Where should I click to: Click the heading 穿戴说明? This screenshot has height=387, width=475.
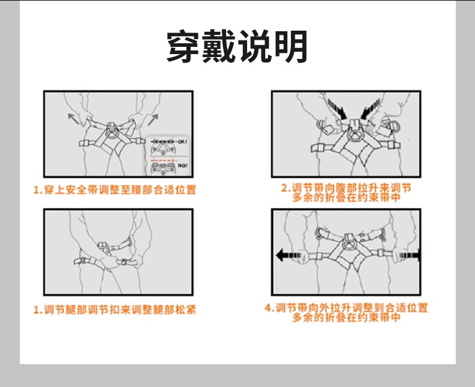tap(237, 46)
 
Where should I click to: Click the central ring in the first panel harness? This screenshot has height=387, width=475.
tap(112, 127)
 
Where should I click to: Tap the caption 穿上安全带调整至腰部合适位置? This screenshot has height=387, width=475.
tap(114, 190)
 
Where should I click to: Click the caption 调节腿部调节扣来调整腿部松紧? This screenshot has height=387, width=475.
tap(114, 310)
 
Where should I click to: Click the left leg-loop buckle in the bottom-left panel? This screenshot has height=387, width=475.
tap(81, 261)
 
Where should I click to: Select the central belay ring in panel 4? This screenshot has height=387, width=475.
tap(348, 244)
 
